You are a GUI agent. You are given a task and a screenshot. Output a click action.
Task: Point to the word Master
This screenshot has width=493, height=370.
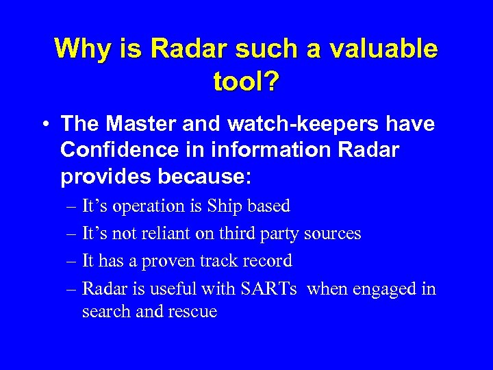click(x=142, y=125)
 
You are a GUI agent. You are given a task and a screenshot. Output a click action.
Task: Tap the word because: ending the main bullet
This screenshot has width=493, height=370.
click(x=204, y=177)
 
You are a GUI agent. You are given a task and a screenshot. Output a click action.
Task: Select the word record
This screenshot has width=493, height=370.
click(x=268, y=260)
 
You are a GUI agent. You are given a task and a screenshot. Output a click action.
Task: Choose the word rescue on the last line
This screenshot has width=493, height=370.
click(x=192, y=311)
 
